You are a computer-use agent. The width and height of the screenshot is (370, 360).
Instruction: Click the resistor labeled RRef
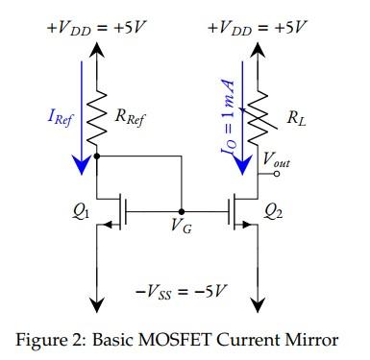click(x=96, y=121)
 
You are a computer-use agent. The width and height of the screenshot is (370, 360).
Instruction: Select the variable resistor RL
click(x=257, y=121)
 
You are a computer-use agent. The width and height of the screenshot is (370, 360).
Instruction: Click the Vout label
click(x=277, y=164)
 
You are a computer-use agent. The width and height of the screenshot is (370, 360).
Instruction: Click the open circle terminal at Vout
click(x=257, y=177)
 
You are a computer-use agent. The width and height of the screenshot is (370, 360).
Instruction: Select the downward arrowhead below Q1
click(x=96, y=302)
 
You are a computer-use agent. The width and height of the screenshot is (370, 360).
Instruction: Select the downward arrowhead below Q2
click(x=257, y=302)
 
